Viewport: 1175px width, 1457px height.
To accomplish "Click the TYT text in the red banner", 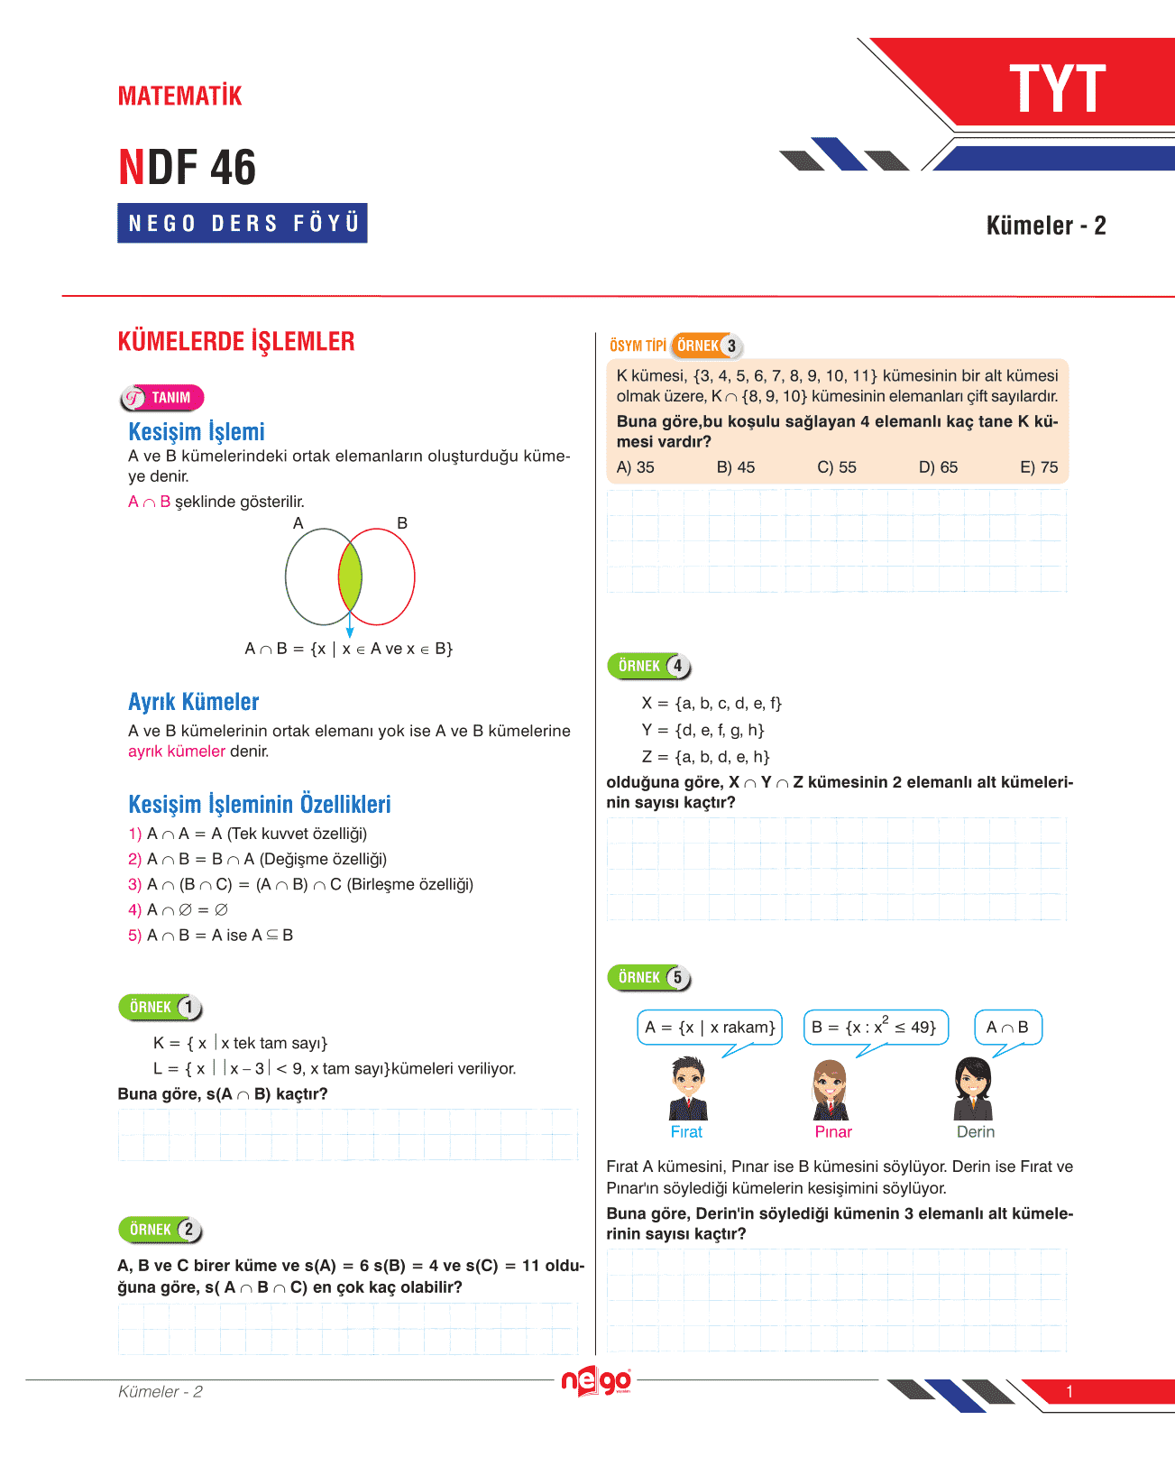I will pos(1057,89).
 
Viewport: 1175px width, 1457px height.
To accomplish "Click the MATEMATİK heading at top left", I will pos(179,96).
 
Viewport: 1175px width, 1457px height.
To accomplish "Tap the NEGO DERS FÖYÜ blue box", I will pos(243,223).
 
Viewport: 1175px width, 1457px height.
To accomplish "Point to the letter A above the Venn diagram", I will pos(298,523).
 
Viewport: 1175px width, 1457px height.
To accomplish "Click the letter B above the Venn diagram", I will pos(402,523).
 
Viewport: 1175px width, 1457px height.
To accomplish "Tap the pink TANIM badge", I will pos(162,398).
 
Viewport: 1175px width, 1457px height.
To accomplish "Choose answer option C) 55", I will pos(837,467).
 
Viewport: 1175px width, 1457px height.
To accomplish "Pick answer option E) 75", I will pos(1039,467).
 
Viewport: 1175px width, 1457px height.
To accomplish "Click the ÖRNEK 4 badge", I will pos(649,666).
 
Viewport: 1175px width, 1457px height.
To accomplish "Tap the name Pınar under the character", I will pos(833,1132).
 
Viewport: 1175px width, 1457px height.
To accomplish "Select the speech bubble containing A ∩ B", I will pos(1007,1028).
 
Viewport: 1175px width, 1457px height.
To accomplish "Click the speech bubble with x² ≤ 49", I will pos(875,1028).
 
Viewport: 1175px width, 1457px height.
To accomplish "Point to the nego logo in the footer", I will pos(595,1382).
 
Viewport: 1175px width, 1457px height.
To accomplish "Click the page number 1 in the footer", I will pos(1069,1392).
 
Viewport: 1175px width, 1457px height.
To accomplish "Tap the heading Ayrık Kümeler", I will pos(194,702).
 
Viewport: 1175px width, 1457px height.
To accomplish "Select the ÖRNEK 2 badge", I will pos(161,1230).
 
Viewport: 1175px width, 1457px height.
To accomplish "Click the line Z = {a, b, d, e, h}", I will pos(705,757).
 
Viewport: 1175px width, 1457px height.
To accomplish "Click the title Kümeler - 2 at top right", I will pos(1045,226).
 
